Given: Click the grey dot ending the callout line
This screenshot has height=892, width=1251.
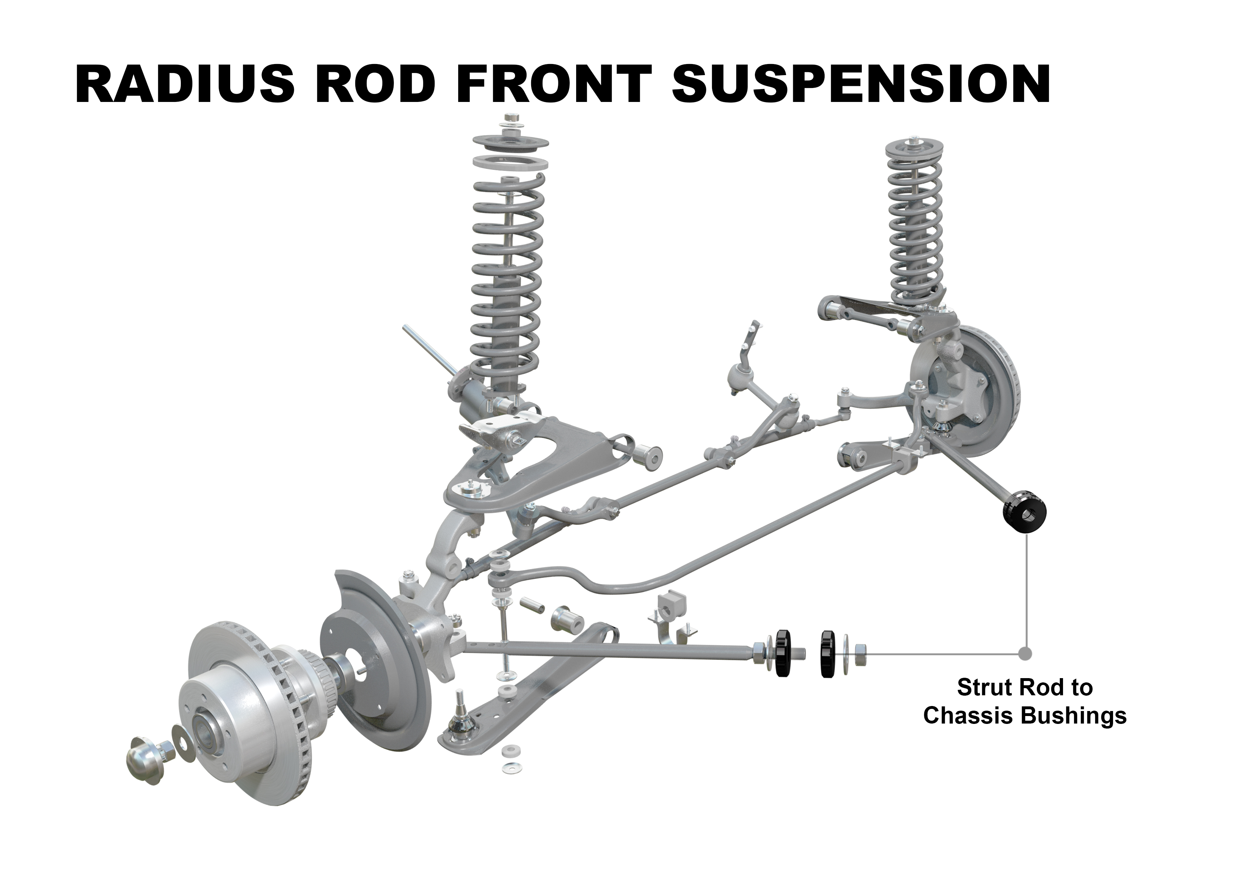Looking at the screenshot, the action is [1025, 654].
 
